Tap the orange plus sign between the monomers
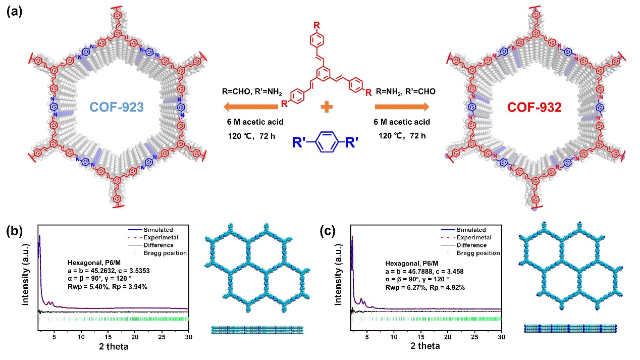coord(325,107)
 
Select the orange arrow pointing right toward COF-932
coord(402,107)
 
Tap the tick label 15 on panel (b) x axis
coord(108,337)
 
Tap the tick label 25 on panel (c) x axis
coord(474,337)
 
